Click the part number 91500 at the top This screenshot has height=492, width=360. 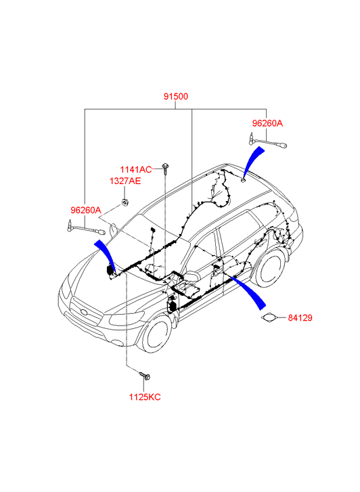tap(176, 96)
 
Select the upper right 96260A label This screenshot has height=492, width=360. tap(267, 123)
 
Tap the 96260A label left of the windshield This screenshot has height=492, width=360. tap(86, 210)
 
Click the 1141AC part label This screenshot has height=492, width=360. tap(136, 169)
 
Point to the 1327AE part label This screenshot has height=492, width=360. tap(125, 181)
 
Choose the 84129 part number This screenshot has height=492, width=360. tap(300, 318)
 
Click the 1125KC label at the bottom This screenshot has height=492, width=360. tap(145, 397)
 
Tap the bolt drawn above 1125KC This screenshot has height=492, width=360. tap(145, 375)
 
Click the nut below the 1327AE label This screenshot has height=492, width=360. tap(125, 202)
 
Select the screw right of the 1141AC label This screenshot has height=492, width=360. tap(165, 169)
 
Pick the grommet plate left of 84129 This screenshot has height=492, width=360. tap(269, 318)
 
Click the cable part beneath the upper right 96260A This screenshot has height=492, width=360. tap(268, 141)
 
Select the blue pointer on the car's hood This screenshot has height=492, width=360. tap(106, 254)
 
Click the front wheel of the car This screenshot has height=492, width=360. tap(157, 334)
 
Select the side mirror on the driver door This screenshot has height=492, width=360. tap(192, 276)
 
